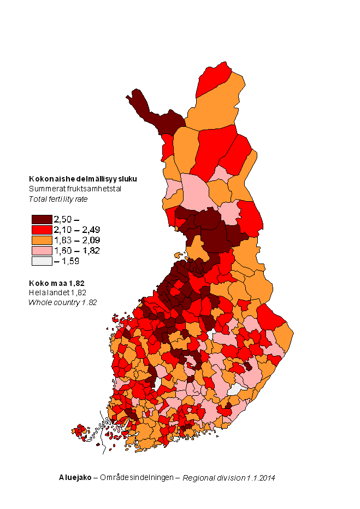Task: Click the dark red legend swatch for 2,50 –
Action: click(41, 219)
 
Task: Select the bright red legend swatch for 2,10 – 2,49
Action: click(41, 230)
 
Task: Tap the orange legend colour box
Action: click(41, 240)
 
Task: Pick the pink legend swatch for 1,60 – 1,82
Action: click(41, 250)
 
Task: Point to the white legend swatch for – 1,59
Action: click(41, 261)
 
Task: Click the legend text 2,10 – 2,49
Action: click(76, 230)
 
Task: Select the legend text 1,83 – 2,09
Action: click(76, 240)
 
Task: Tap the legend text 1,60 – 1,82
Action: click(76, 250)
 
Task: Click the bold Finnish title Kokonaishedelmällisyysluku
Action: click(82, 179)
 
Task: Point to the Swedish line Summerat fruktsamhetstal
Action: click(75, 189)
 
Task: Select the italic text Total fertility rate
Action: click(58, 199)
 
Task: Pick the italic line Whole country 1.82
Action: click(62, 302)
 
